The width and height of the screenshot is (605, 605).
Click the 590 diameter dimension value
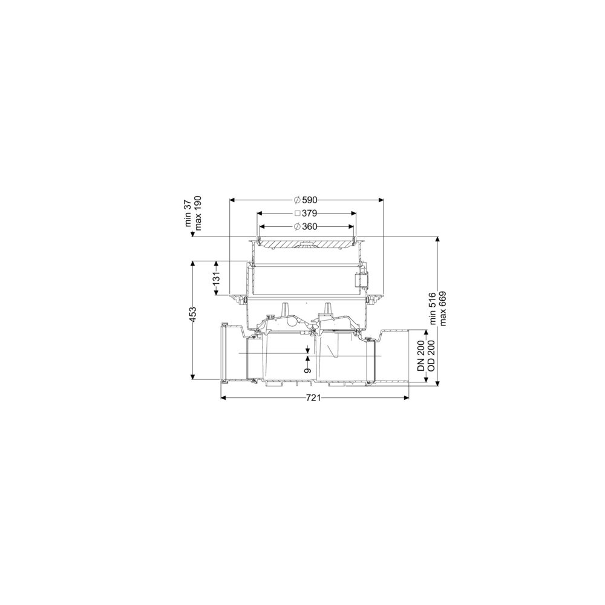(x=310, y=200)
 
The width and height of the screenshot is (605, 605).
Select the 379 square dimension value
(x=310, y=213)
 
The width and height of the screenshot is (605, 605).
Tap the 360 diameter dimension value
(x=310, y=226)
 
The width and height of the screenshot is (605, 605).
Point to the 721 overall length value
(x=313, y=398)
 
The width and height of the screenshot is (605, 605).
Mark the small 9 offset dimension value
(x=307, y=370)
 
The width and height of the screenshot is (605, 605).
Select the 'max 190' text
(x=198, y=213)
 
